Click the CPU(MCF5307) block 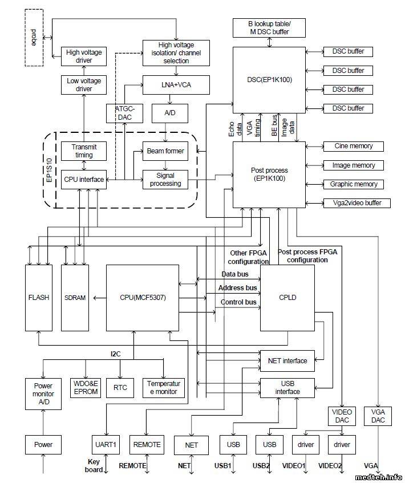click(143, 298)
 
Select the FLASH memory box click(38, 298)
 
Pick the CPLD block click(287, 298)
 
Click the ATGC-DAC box click(120, 113)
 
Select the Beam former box click(165, 151)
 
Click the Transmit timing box click(84, 151)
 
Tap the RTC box click(120, 388)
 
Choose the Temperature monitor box click(163, 388)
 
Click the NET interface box click(287, 360)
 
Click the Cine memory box click(353, 146)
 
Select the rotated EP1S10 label click(49, 172)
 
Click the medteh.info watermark click(378, 477)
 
